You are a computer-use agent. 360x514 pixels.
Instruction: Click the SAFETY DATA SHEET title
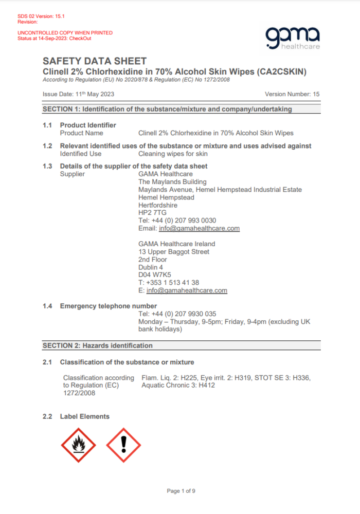(x=94, y=61)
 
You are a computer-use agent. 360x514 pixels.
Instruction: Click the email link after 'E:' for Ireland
(x=187, y=290)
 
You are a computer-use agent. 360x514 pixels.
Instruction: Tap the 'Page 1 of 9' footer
(x=181, y=491)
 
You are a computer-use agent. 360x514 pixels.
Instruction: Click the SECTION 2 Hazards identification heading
(x=98, y=345)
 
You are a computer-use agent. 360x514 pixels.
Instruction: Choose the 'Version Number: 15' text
(x=292, y=94)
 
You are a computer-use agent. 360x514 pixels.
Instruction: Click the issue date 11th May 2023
(x=96, y=94)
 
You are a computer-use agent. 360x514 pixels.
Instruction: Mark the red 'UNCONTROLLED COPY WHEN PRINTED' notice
(x=65, y=33)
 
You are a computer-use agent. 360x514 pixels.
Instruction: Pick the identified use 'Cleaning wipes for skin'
(x=173, y=154)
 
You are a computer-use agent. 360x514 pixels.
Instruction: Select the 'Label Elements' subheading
(x=84, y=416)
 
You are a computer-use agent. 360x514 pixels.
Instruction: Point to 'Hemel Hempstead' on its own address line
(x=166, y=197)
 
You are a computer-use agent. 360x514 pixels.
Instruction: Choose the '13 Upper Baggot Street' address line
(x=174, y=252)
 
